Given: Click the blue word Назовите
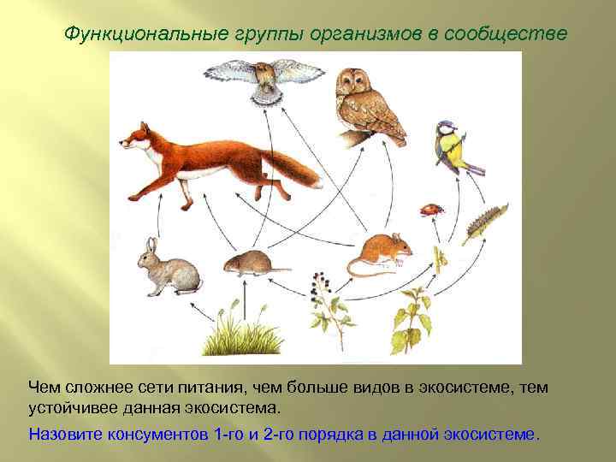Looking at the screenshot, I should coord(67,433).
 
